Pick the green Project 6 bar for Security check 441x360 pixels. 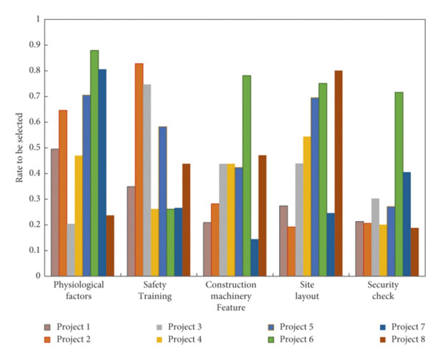coord(399,184)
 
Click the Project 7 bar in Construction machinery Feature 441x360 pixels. coord(254,257)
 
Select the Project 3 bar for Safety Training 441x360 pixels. coord(147,180)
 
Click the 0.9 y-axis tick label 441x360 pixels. coord(35,45)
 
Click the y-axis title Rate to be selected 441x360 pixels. coord(19,148)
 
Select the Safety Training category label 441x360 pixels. coord(155,290)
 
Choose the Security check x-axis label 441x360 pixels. coord(383,290)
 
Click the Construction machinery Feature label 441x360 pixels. coord(231,296)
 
